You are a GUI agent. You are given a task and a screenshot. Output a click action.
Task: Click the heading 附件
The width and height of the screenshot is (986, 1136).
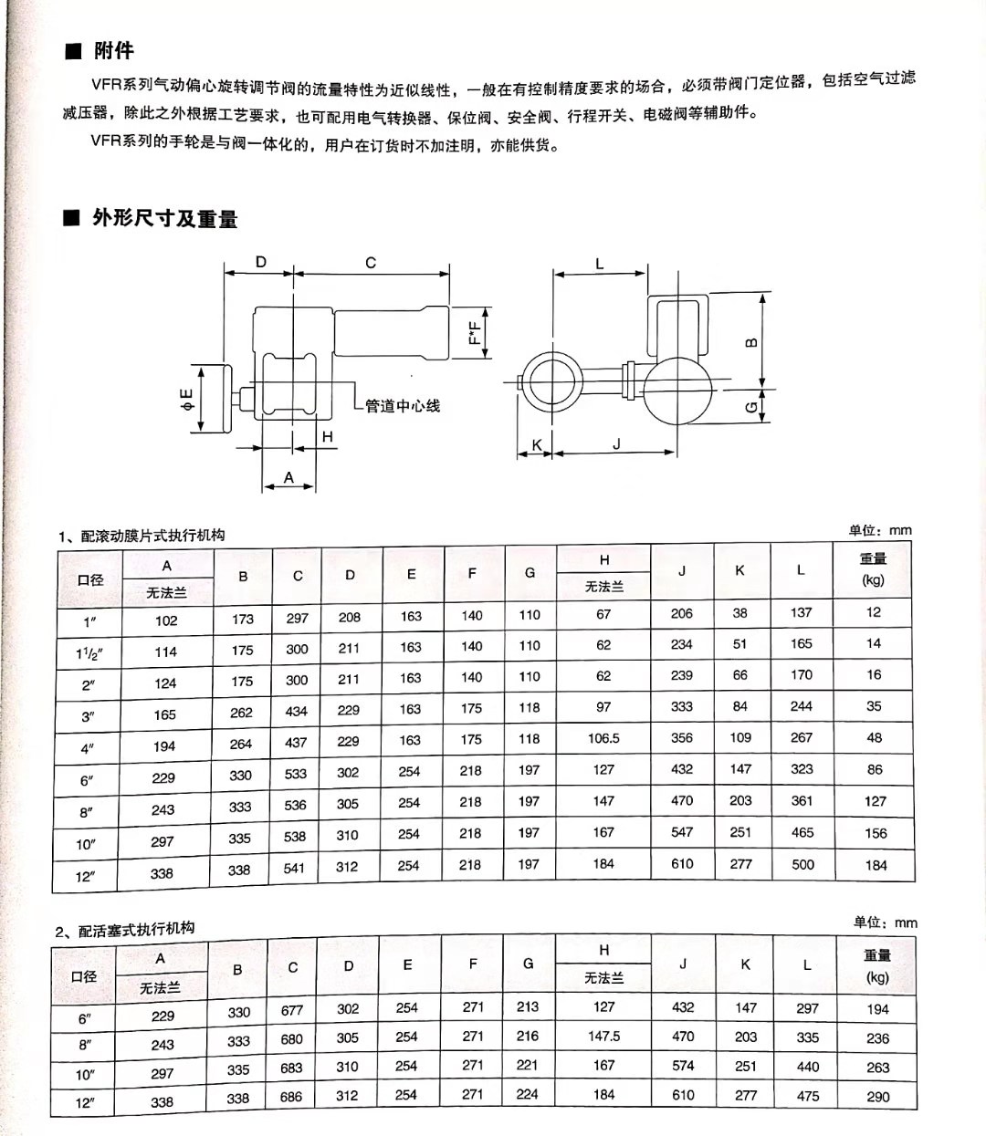point(113,50)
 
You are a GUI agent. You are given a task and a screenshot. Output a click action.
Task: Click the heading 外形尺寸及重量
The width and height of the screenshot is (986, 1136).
point(164,218)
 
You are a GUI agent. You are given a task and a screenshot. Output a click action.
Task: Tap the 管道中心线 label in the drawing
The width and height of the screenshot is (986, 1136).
point(403,405)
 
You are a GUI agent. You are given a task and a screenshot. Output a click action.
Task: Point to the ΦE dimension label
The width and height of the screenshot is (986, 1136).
point(186,398)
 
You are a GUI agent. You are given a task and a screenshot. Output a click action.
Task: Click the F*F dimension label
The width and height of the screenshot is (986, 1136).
point(474,332)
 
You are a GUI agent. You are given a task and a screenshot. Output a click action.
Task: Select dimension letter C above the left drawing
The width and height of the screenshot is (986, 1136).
point(371,263)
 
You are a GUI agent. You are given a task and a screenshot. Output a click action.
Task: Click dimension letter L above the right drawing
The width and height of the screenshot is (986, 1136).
point(600,264)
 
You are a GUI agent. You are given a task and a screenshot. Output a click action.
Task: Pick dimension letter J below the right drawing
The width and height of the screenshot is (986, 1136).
point(616,443)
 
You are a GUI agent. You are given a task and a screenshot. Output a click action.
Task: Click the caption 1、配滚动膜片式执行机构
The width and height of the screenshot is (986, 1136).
point(142,535)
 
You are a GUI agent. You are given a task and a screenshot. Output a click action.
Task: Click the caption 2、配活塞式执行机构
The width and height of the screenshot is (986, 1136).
point(125,930)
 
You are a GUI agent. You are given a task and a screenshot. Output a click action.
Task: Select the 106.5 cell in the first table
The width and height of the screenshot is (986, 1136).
point(603,738)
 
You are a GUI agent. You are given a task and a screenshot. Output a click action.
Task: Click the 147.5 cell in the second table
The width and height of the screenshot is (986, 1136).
point(603,1036)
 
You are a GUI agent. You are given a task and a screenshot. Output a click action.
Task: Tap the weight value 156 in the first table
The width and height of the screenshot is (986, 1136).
point(876,833)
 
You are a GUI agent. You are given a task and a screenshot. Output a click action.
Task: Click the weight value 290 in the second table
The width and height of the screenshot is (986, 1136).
point(878,1097)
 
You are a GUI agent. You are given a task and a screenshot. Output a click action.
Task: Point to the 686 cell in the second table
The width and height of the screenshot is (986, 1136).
point(291,1097)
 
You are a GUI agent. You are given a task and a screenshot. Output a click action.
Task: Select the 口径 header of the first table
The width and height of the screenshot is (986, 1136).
point(90,579)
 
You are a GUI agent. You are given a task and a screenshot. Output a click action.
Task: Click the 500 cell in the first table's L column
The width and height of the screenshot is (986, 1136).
point(803,864)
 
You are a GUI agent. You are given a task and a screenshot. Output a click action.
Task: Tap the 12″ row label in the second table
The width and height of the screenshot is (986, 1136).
point(84,1103)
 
